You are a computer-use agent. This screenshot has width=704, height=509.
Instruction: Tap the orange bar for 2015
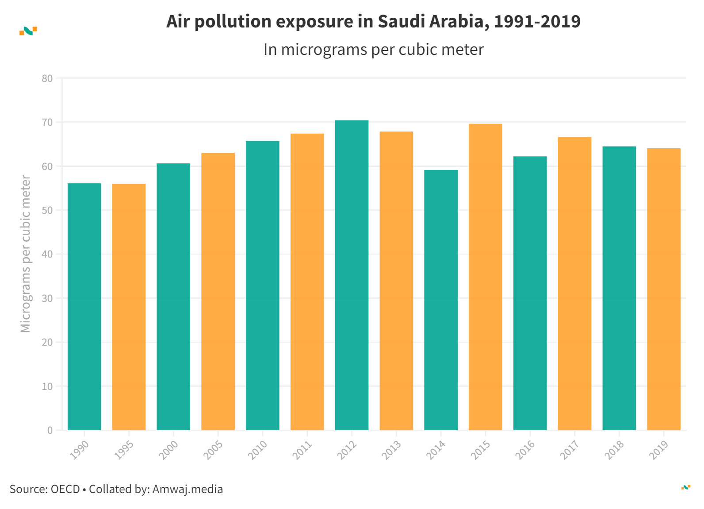coord(485,277)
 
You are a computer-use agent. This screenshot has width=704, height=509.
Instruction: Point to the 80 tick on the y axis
coord(47,79)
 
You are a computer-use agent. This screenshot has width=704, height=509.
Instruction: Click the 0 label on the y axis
coord(50,430)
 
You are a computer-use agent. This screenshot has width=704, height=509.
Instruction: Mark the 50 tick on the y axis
coord(47,210)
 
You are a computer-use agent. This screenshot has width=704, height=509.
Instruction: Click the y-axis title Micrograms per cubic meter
coord(26,254)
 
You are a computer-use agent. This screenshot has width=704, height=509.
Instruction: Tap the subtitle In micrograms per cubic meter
coord(373,50)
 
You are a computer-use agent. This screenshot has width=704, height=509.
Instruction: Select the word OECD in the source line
coord(65,489)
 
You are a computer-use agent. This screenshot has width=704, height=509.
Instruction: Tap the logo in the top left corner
coord(28,31)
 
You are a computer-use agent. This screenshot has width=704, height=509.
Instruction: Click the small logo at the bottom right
coord(685,487)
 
